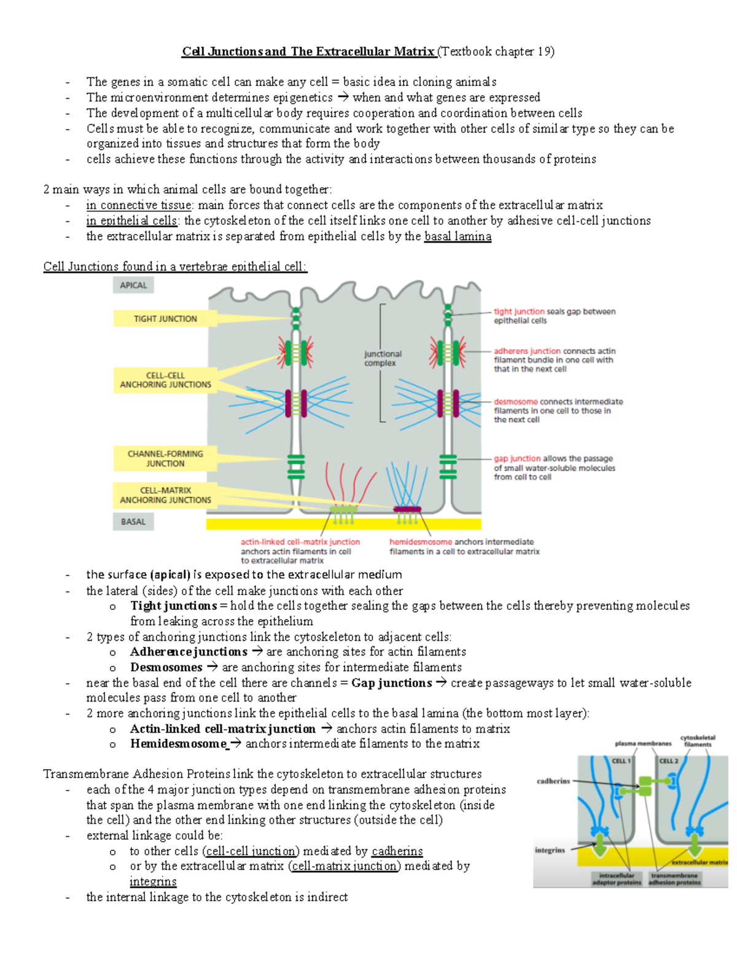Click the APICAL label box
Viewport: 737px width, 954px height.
point(133,285)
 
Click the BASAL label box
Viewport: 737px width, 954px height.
point(133,522)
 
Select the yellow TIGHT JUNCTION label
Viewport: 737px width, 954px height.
point(165,318)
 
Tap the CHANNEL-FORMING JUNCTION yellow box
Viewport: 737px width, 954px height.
point(165,458)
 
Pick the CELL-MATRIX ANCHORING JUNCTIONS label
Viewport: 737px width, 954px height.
point(165,495)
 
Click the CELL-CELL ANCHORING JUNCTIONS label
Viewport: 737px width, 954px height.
point(165,380)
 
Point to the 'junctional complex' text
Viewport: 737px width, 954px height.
point(382,358)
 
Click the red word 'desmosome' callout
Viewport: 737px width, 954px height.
point(515,402)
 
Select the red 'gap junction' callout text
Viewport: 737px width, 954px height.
point(517,458)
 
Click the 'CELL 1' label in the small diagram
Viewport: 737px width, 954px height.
point(620,760)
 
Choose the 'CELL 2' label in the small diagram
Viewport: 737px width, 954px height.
point(668,760)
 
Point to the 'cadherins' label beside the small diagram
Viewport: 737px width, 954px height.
point(553,781)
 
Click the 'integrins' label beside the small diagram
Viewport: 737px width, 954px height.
point(550,850)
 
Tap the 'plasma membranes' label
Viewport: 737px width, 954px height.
point(642,743)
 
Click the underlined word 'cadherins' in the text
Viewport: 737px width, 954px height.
point(397,851)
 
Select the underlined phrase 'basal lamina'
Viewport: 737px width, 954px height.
point(457,236)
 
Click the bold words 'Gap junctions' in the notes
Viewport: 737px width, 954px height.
point(391,682)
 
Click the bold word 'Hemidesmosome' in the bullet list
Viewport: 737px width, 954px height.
point(178,743)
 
